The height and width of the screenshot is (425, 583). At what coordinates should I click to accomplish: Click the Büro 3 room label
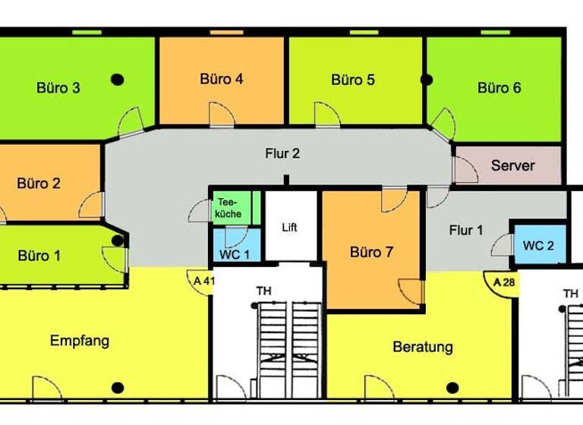58,88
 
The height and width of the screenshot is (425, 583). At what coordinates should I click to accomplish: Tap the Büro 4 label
222,79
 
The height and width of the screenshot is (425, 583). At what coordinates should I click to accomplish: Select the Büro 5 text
353,80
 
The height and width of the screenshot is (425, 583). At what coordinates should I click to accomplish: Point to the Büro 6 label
499,88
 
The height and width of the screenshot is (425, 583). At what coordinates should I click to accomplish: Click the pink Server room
512,165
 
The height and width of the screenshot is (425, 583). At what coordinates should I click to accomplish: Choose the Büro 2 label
39,183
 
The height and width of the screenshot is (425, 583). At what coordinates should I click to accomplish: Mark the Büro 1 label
39,256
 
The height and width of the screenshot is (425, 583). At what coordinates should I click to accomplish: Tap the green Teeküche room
229,208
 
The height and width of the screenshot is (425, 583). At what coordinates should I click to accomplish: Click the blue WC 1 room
235,253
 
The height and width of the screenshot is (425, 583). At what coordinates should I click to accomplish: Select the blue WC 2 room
538,245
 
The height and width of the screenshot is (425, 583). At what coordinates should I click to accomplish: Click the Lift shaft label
290,228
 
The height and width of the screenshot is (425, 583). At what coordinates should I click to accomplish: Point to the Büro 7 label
371,253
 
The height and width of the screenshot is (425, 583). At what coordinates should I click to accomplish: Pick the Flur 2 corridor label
282,153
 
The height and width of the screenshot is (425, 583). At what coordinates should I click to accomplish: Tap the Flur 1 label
465,231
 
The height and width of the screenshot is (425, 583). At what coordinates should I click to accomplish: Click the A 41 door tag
203,281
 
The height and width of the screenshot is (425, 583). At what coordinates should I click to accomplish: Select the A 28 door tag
504,282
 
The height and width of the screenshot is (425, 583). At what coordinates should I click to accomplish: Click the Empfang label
80,341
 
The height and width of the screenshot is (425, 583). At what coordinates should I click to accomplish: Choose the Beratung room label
423,348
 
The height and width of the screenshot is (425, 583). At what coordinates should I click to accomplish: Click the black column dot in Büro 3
117,78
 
